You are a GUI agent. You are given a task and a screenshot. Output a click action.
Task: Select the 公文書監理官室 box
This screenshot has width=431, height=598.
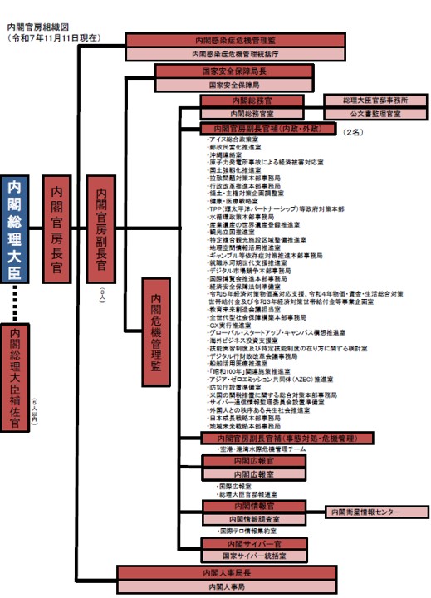pyautogui.click(x=372, y=113)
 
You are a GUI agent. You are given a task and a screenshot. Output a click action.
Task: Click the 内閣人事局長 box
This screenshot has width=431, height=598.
pyautogui.click(x=228, y=573)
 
